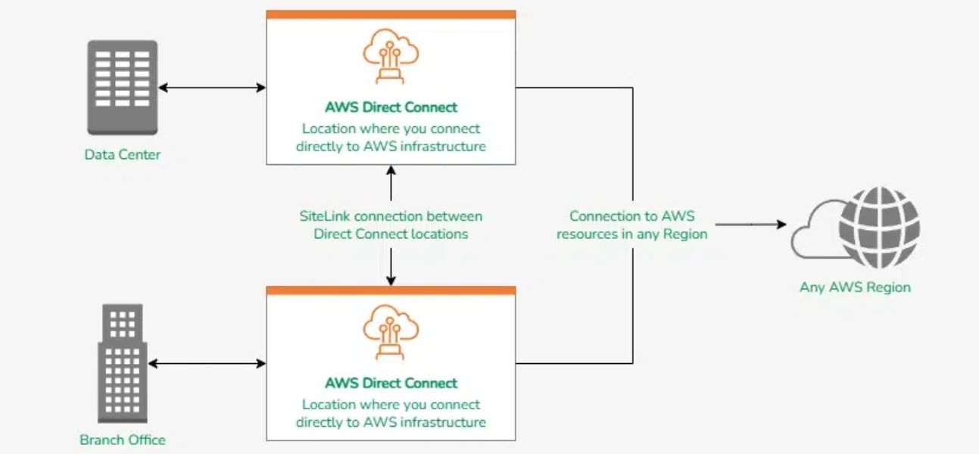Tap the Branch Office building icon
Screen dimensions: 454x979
(x=122, y=364)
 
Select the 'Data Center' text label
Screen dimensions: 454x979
(x=123, y=155)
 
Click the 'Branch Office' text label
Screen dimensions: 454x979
(x=123, y=440)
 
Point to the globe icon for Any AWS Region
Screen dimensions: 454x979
(x=879, y=228)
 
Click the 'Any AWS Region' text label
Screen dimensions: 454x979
(x=855, y=288)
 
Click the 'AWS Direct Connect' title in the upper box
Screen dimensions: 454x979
(x=391, y=107)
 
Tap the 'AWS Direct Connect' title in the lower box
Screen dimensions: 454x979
(x=391, y=383)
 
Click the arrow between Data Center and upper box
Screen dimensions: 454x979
(x=212, y=88)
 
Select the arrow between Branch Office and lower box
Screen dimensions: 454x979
(x=207, y=364)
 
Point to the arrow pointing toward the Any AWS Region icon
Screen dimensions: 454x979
(x=750, y=225)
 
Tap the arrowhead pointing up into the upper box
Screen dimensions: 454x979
(x=391, y=170)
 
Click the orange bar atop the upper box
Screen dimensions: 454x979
(x=391, y=14)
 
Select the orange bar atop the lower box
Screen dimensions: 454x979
(x=391, y=291)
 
